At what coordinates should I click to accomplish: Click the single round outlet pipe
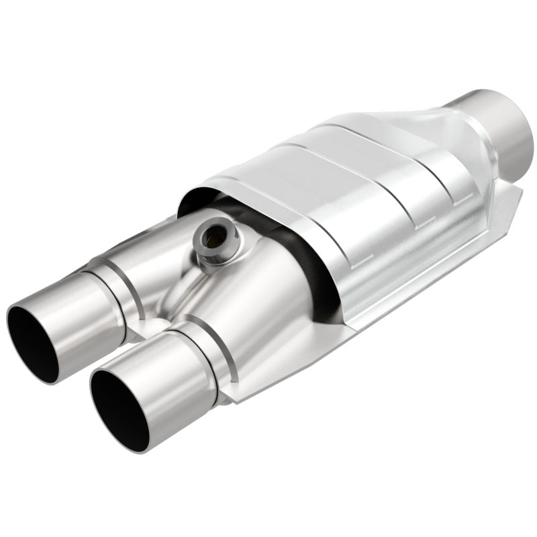point(494,128)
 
